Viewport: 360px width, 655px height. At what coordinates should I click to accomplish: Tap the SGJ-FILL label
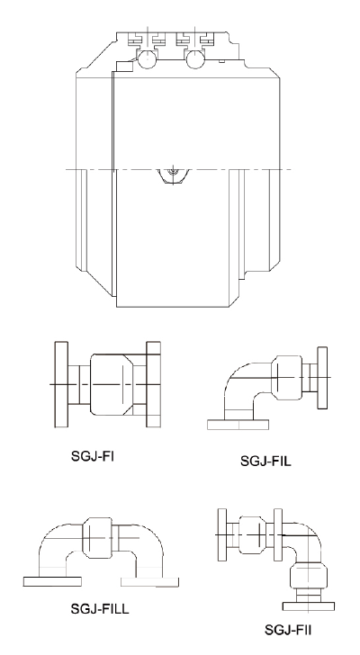point(102,609)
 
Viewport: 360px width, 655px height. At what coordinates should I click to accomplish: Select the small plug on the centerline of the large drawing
point(171,172)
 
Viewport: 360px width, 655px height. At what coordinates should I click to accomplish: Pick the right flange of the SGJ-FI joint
point(153,384)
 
